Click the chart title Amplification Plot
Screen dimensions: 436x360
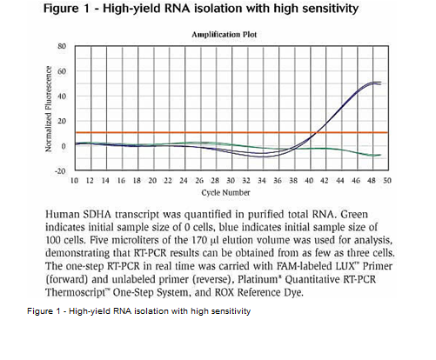click(225, 35)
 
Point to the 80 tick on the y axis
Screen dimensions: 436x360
click(62, 46)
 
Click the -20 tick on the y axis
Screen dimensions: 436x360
click(60, 171)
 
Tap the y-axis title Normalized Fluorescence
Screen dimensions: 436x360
click(49, 109)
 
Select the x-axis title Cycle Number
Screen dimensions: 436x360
click(225, 192)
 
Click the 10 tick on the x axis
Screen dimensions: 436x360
click(74, 181)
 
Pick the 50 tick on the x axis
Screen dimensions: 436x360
click(387, 181)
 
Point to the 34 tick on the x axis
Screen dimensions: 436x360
click(262, 181)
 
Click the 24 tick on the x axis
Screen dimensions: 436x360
click(184, 181)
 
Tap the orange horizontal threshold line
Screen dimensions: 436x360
click(231, 132)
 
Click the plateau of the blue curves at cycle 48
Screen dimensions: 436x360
click(372, 83)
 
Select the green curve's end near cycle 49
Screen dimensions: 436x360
click(380, 155)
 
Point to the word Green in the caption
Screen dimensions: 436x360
click(354, 215)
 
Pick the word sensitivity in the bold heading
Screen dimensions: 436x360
click(331, 9)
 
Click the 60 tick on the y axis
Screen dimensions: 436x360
click(62, 71)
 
